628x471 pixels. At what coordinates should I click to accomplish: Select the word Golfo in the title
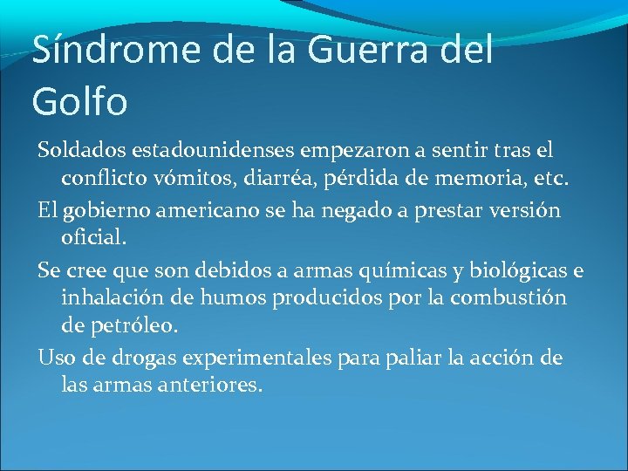[x=79, y=101]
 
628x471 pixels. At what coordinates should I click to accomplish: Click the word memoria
[x=484, y=179]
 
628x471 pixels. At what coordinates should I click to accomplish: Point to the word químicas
[x=421, y=269]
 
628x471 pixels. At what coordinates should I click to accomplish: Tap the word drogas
[x=126, y=358]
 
